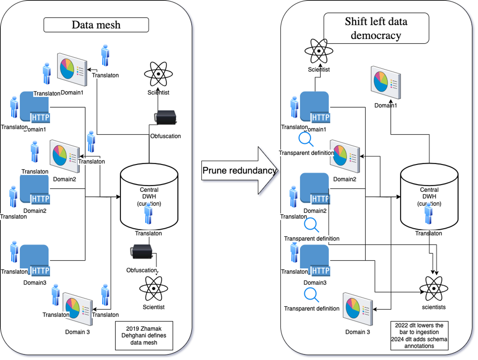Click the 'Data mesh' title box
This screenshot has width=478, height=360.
(x=96, y=25)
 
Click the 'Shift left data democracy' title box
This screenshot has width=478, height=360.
(x=376, y=28)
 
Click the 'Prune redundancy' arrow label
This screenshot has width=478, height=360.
(x=239, y=171)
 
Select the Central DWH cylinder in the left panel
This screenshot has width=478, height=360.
(x=149, y=196)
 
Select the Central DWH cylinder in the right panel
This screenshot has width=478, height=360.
(x=429, y=196)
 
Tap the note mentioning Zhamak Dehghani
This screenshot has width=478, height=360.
(x=144, y=335)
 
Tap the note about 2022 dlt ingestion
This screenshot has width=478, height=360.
(x=419, y=335)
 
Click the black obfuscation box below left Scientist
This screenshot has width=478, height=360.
(x=166, y=117)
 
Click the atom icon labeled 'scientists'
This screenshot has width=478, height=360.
(x=434, y=288)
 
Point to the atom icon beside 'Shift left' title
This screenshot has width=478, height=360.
(x=319, y=51)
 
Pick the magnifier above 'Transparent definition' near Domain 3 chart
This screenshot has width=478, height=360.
(x=311, y=295)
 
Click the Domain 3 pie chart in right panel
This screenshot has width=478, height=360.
(x=358, y=309)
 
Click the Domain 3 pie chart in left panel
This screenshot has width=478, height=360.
(x=77, y=309)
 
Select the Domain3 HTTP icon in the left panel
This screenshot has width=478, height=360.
(x=35, y=260)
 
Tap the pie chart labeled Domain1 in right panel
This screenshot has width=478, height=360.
(x=386, y=83)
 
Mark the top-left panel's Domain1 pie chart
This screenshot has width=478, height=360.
(x=72, y=70)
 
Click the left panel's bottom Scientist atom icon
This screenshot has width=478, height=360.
(x=153, y=288)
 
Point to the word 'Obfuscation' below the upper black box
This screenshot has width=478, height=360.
(x=165, y=136)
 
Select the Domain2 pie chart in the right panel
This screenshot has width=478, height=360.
(x=345, y=156)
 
